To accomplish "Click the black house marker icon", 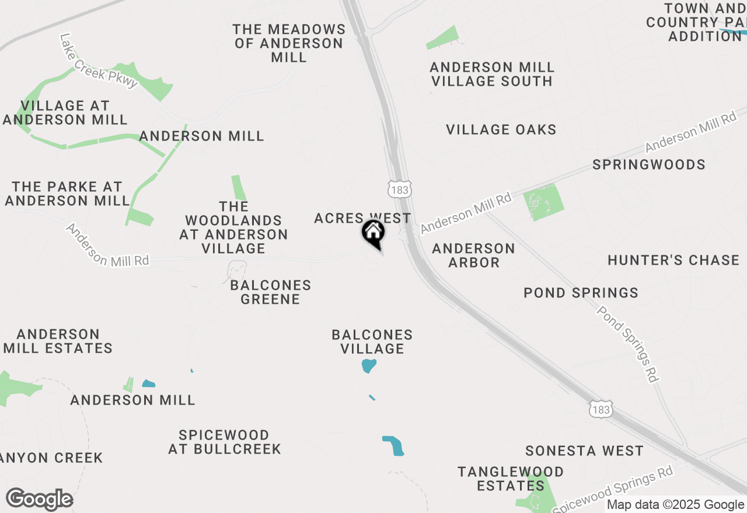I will pyautogui.click(x=373, y=233).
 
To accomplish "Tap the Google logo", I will pyautogui.click(x=39, y=500).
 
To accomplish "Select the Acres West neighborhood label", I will pyautogui.click(x=362, y=218).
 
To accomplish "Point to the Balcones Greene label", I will pyautogui.click(x=271, y=292).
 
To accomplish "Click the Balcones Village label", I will pyautogui.click(x=372, y=342).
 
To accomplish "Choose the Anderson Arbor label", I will pyautogui.click(x=473, y=255).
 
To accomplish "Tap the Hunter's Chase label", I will pyautogui.click(x=673, y=260).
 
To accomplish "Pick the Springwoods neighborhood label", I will pyautogui.click(x=649, y=164).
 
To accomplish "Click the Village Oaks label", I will pyautogui.click(x=501, y=129).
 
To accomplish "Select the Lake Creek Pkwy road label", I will pyautogui.click(x=99, y=61).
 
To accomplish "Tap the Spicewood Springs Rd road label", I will pyautogui.click(x=613, y=490).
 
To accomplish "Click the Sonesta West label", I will pyautogui.click(x=584, y=451).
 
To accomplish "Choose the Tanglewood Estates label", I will pyautogui.click(x=511, y=478).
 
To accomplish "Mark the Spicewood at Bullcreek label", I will pyautogui.click(x=225, y=442).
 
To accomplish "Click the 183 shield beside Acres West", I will pyautogui.click(x=400, y=188).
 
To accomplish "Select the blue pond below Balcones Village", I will pyautogui.click(x=368, y=366).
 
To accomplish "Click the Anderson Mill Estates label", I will pyautogui.click(x=58, y=341).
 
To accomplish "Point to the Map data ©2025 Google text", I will pyautogui.click(x=675, y=505).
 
